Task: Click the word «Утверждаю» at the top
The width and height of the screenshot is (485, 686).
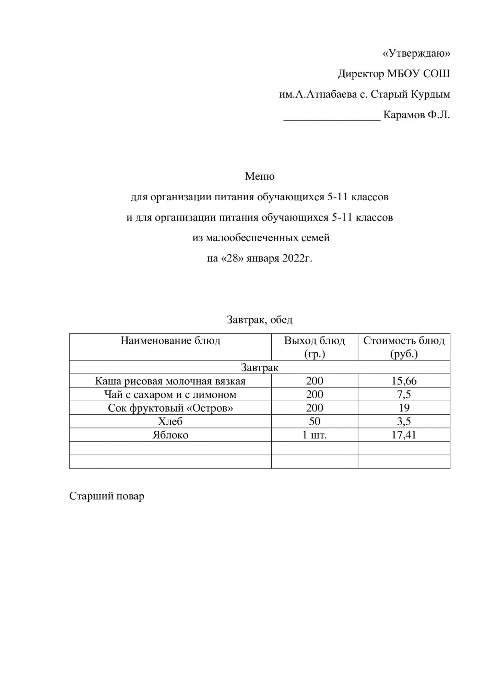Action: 416,53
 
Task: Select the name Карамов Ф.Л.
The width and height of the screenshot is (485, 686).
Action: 416,115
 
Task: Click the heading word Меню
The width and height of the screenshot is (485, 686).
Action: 260,176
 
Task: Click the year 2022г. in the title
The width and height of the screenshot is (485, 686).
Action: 297,258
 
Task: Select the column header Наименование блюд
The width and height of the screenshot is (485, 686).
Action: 170,341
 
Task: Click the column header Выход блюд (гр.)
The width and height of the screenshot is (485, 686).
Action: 315,347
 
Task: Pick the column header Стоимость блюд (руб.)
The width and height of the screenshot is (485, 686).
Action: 404,347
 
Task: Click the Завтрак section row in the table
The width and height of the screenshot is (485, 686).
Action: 260,367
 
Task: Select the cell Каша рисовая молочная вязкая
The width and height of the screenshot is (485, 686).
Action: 170,381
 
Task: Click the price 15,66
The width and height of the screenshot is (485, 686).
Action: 404,381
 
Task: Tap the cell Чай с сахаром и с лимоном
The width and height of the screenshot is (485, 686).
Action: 170,394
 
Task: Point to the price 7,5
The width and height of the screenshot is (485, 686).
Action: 404,394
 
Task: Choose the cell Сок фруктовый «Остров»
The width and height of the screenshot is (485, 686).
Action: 170,408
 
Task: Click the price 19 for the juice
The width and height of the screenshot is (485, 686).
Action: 404,408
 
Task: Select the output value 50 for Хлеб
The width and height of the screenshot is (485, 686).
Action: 315,421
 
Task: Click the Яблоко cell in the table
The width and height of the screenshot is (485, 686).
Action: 170,435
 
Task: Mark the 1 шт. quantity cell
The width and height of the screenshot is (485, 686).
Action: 315,435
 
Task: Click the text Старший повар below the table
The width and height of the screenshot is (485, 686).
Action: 107,496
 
